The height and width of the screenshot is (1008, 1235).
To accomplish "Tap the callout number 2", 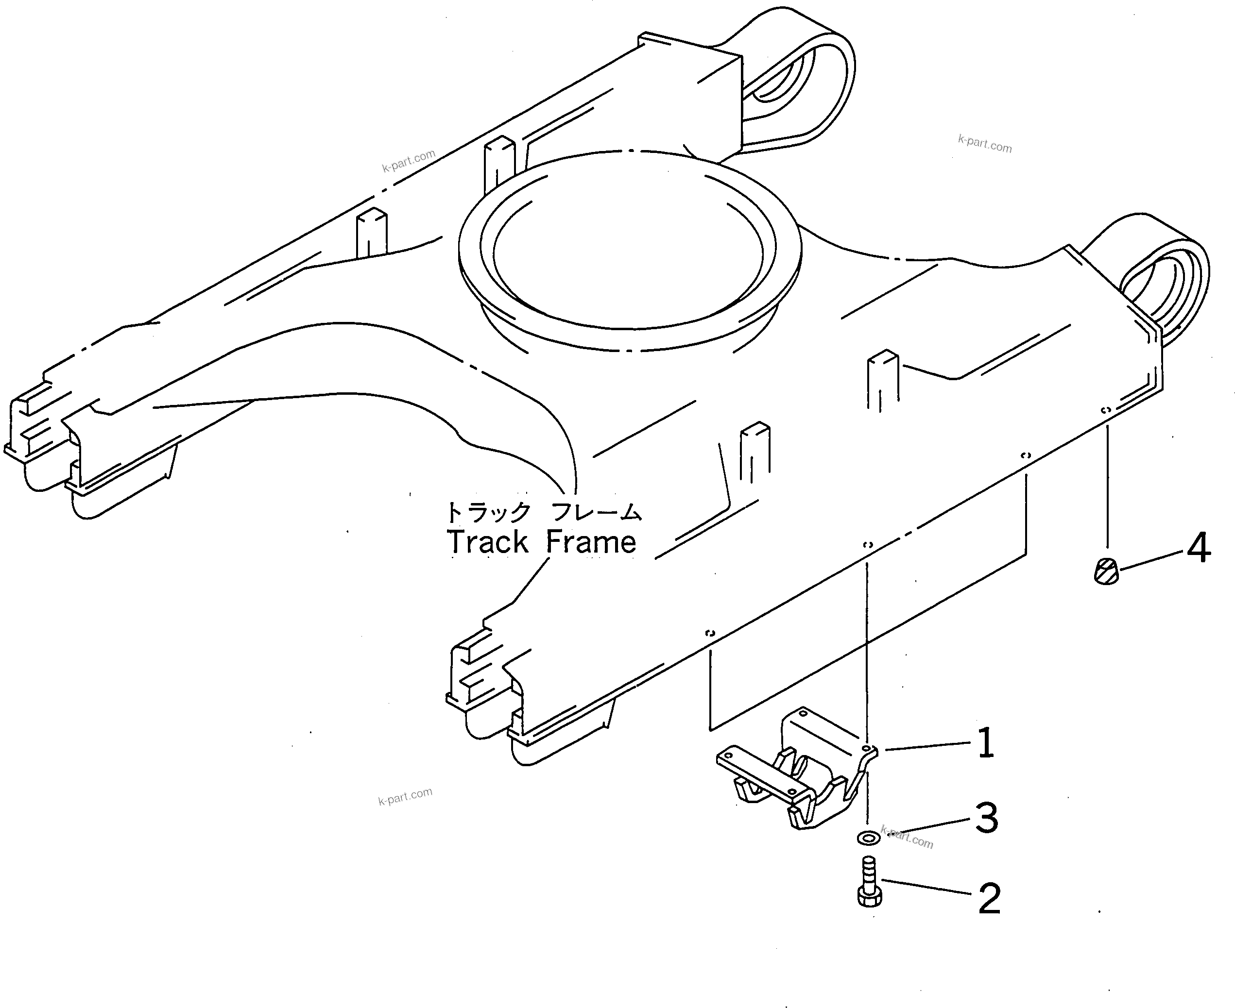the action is (989, 899).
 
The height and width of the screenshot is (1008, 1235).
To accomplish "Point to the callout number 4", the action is (1198, 548).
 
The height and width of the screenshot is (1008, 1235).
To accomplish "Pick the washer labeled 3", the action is (868, 838).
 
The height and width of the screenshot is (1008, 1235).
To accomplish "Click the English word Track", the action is (487, 542).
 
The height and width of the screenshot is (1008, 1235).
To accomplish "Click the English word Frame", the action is (591, 542).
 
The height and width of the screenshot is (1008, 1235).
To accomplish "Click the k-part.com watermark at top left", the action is (409, 161).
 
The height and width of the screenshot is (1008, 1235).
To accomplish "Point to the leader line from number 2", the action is (926, 889).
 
